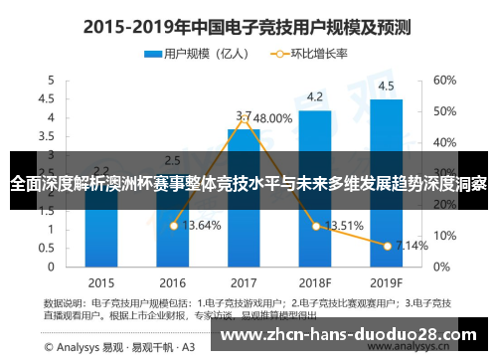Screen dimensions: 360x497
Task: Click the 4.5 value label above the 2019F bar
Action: click(x=386, y=86)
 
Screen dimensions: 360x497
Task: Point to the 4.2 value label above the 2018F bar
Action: click(x=314, y=96)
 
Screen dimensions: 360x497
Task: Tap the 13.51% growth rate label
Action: click(x=344, y=225)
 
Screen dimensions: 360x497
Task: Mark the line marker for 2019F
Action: click(x=387, y=245)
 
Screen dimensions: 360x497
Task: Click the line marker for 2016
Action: click(x=173, y=226)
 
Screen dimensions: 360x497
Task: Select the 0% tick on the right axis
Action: click(x=440, y=266)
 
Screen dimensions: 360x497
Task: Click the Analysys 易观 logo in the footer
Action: click(x=70, y=347)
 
